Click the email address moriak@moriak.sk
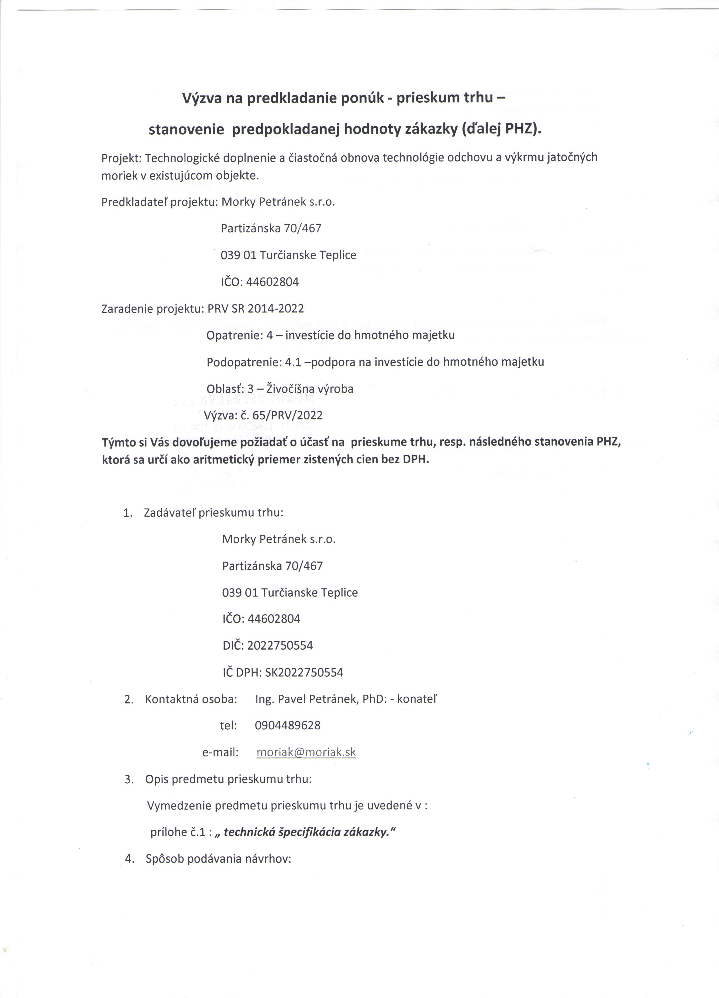[306, 752]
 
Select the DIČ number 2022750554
[280, 645]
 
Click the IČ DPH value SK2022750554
[304, 672]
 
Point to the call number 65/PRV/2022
[288, 415]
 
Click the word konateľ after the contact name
[417, 699]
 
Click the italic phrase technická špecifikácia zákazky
[307, 833]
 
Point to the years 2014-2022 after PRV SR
[276, 308]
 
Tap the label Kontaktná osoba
[191, 699]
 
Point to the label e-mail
[220, 752]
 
